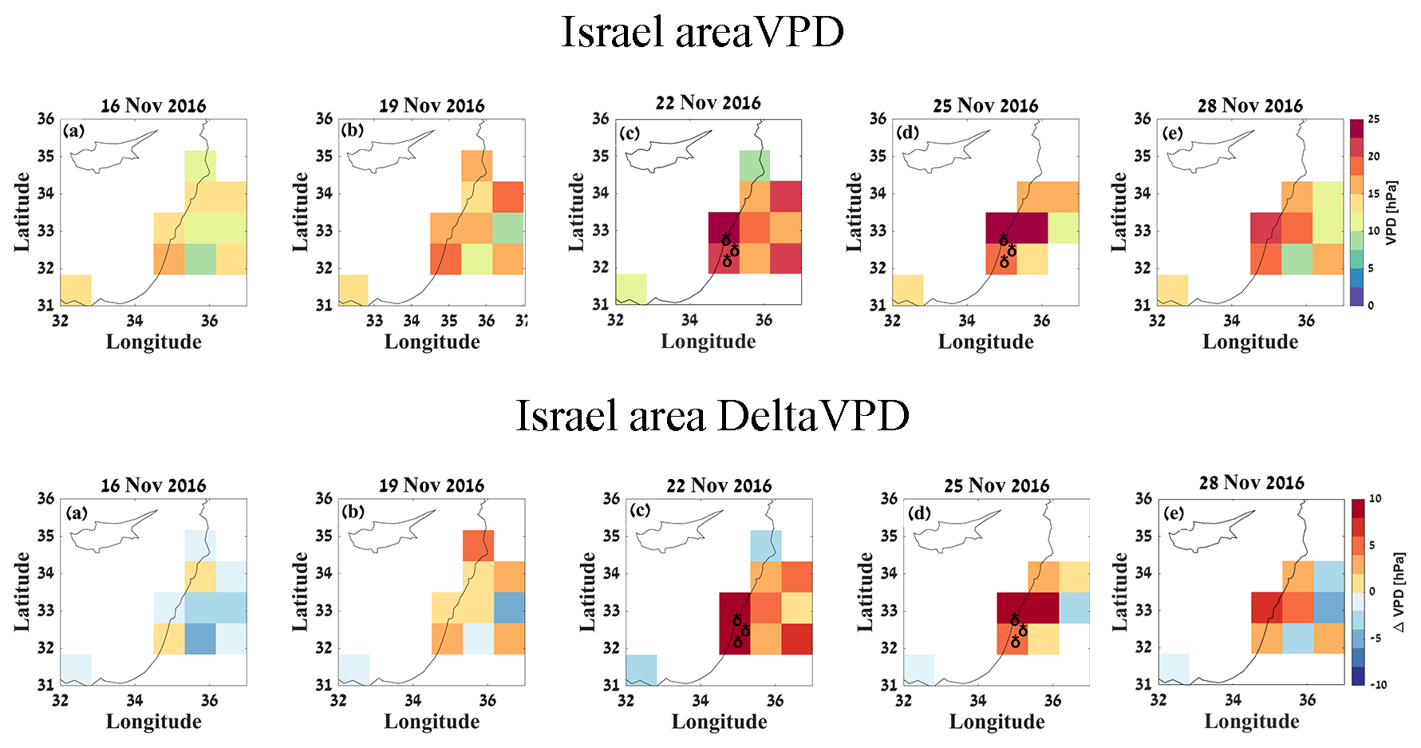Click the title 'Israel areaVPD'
[702, 33]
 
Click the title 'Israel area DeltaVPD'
[712, 416]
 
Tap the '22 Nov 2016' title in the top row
[708, 103]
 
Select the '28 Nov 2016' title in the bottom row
[1251, 483]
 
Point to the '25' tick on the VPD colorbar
[1374, 119]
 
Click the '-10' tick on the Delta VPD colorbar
[1378, 684]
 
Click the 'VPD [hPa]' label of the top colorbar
[1391, 212]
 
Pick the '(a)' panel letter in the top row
[74, 131]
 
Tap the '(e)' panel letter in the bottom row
[1173, 513]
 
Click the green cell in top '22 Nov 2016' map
[754, 165]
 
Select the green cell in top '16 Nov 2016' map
[200, 259]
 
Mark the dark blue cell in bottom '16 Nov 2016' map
[200, 639]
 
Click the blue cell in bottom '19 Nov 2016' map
[509, 608]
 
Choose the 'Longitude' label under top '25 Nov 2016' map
[985, 342]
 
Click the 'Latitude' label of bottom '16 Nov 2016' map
[22, 592]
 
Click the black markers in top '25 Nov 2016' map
[1008, 251]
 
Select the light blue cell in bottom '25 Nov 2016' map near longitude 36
[1074, 608]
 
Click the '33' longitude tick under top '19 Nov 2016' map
[374, 321]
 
